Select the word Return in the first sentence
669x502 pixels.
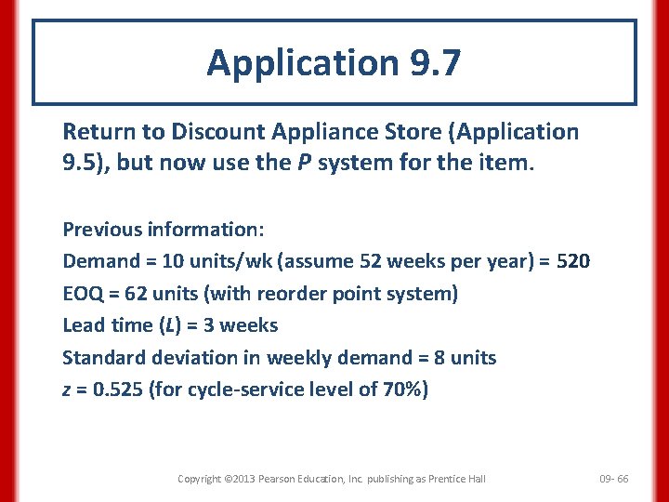[x=95, y=132]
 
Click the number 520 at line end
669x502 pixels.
[x=572, y=261]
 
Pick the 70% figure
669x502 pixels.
[x=401, y=389]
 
